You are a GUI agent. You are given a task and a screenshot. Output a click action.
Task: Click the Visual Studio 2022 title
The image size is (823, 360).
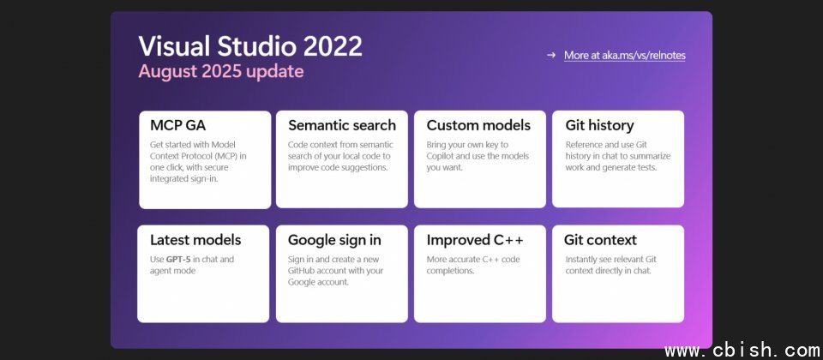[x=250, y=46]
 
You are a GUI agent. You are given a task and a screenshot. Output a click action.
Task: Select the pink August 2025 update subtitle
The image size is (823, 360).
[x=221, y=71]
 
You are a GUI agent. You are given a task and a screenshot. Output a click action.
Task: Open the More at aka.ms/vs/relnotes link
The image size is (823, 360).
[x=625, y=55]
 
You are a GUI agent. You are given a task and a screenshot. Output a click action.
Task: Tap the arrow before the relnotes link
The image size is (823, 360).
[x=550, y=55]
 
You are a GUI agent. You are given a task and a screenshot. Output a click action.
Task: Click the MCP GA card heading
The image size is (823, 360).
[x=178, y=125]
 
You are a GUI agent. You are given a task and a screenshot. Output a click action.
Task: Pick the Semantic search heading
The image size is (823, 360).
[x=342, y=125]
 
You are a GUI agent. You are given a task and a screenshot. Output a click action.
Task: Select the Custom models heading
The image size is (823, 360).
[x=478, y=125]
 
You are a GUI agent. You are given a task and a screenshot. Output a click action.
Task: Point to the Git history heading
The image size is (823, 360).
[x=599, y=126]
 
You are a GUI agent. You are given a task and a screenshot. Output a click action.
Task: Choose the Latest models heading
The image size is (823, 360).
[x=195, y=240]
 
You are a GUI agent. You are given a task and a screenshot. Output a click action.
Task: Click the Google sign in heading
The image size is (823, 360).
[x=334, y=240]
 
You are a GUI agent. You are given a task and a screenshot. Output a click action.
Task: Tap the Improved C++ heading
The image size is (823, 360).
[x=474, y=240]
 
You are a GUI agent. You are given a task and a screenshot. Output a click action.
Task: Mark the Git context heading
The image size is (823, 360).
[x=600, y=240]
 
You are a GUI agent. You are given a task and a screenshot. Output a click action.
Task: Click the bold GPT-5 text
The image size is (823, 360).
[x=178, y=259]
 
